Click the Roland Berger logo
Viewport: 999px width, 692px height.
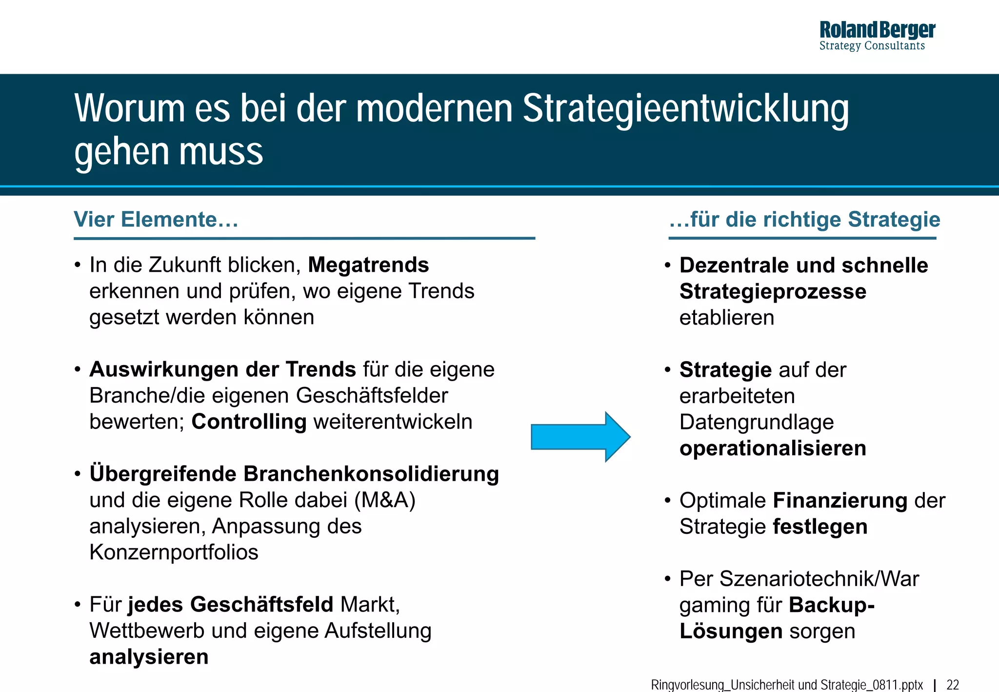[x=877, y=35]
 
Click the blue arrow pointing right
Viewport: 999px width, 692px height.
[x=580, y=437]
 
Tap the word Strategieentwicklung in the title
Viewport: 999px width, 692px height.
[x=685, y=109]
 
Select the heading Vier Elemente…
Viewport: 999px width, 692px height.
[x=156, y=220]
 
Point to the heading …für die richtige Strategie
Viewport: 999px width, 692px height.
[x=804, y=220]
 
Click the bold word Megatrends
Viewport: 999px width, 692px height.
[x=368, y=265]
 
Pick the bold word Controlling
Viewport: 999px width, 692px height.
[x=249, y=422]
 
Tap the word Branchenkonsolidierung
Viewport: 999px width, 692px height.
[x=371, y=474]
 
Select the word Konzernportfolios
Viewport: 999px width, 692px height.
[x=174, y=552]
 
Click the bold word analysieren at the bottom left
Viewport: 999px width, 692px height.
[x=149, y=657]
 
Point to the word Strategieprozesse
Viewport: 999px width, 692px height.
[x=773, y=291]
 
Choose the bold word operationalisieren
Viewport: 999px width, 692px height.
[x=773, y=448]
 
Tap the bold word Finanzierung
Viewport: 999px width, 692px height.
[x=840, y=501]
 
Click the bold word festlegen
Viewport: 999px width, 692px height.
[x=820, y=527]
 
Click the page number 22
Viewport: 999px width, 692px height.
[x=953, y=685]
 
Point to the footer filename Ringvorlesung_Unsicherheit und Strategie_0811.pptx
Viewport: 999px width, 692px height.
[x=787, y=685]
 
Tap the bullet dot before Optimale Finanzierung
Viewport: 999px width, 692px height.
[x=668, y=501]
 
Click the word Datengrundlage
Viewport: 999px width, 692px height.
[x=757, y=422]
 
